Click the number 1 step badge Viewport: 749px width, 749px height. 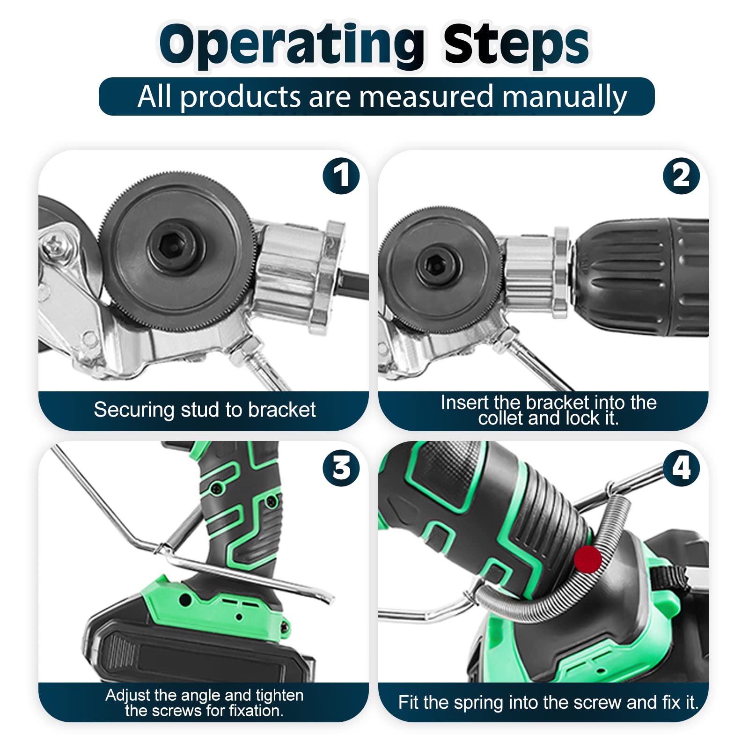click(341, 176)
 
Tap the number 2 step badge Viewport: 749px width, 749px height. click(681, 176)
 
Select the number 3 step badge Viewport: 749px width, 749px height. click(341, 468)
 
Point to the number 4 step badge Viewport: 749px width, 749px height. click(681, 468)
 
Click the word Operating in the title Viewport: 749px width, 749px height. click(292, 45)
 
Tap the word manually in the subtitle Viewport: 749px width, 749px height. click(565, 97)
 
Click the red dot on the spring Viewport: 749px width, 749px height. click(587, 558)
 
